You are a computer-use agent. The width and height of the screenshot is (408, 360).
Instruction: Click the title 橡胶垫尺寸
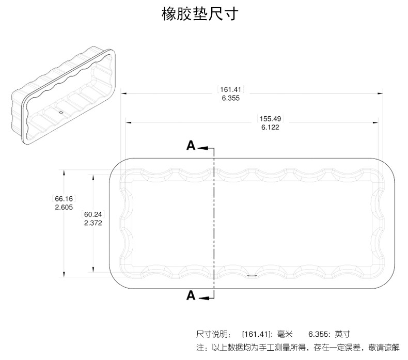199,14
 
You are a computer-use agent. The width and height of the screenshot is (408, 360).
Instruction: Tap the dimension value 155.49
270,118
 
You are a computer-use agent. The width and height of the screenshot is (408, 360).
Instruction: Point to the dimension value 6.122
270,127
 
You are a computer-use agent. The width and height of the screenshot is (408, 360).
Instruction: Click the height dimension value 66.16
64,198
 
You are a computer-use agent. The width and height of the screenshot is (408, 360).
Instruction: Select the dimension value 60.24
93,214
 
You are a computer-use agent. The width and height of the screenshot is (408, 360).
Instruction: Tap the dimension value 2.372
93,223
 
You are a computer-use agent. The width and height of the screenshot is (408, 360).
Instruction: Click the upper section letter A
191,146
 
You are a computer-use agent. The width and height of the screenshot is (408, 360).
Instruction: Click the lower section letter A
191,295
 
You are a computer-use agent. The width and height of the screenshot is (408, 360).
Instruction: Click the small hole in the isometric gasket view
60,112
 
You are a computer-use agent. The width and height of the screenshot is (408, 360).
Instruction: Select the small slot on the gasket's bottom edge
252,275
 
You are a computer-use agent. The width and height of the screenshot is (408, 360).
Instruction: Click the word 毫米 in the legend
285,334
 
